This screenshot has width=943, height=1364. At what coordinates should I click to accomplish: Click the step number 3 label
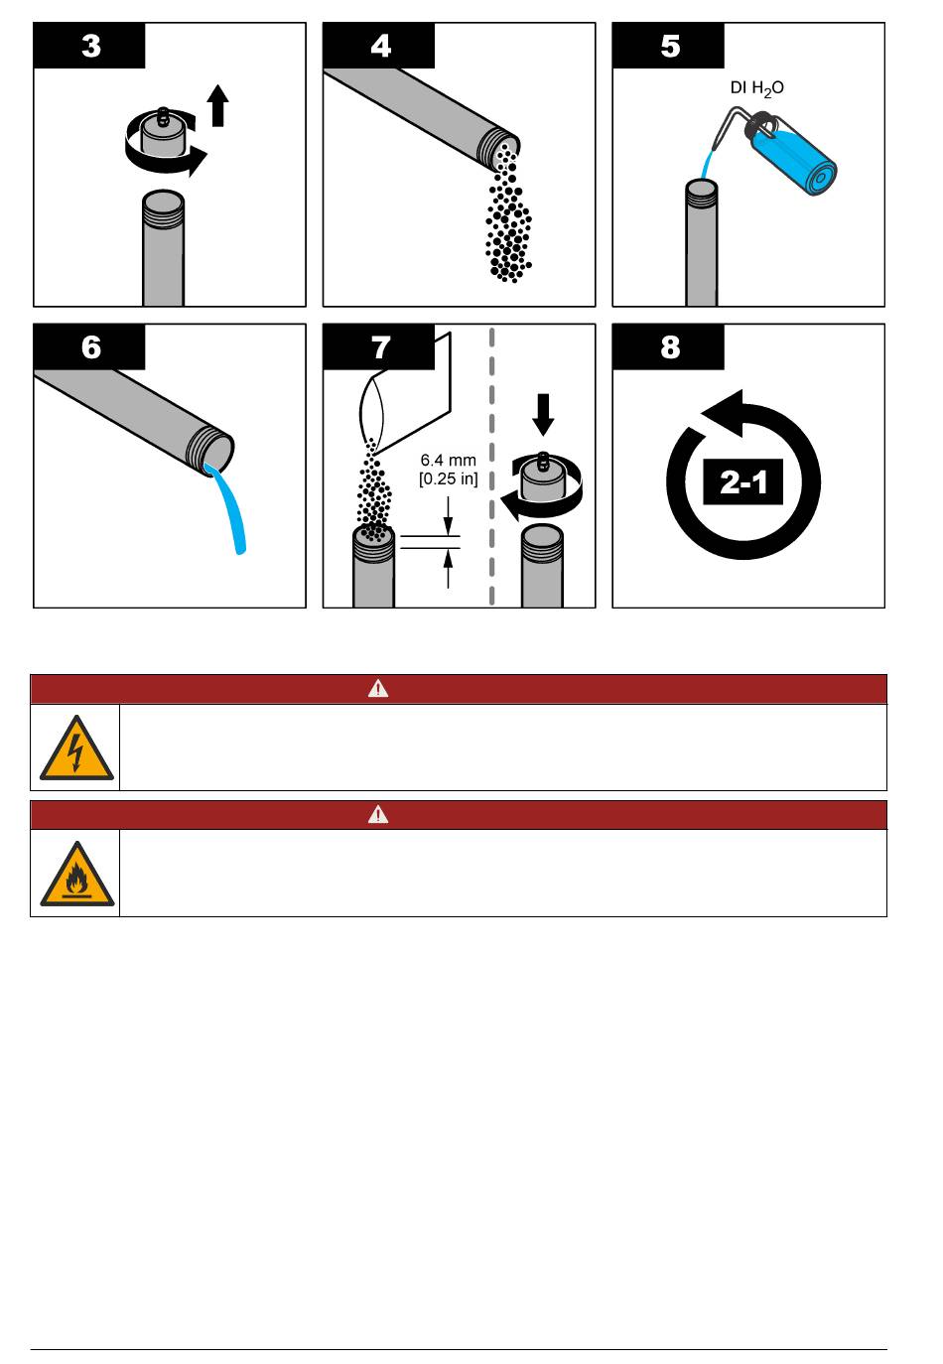point(90,47)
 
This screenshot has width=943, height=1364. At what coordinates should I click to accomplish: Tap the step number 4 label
point(380,47)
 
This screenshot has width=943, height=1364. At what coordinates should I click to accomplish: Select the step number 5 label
point(670,47)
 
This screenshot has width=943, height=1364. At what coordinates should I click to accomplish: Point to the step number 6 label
point(90,347)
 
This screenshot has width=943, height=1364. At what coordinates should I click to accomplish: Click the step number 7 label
point(380,347)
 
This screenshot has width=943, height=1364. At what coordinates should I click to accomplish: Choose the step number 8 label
point(670,347)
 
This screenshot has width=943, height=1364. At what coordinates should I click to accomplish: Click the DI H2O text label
point(756,89)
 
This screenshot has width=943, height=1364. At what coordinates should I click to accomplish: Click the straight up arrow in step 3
point(217,105)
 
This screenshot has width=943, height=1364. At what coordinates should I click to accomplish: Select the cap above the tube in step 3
point(162,133)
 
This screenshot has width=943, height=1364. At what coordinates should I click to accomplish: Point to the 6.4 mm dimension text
point(448,461)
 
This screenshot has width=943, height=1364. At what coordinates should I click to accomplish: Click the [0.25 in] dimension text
point(448,478)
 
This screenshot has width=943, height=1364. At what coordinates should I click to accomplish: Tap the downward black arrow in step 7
point(543,414)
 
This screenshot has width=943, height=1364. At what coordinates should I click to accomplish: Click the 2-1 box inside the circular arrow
point(742,481)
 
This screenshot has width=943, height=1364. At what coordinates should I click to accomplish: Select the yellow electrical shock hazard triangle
point(76,749)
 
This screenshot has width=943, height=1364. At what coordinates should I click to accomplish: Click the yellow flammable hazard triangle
point(76,875)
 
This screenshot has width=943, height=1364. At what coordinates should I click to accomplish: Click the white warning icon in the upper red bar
point(378,689)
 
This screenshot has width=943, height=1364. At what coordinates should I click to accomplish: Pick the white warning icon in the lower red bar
point(378,814)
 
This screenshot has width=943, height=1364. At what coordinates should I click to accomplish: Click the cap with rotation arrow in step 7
point(542,485)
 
